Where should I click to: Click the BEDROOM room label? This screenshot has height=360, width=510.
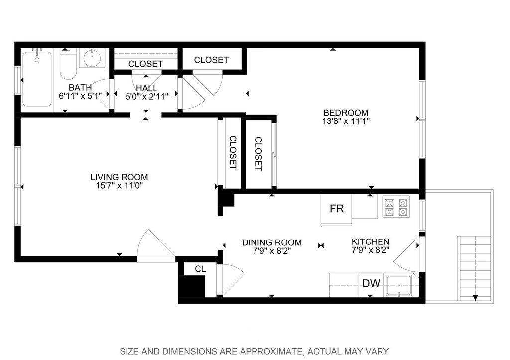click(346, 113)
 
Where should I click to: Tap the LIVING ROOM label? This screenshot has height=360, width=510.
click(119, 177)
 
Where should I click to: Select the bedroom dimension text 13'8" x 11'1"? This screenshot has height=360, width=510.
click(346, 121)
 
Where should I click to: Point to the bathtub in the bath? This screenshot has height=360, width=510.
click(37, 79)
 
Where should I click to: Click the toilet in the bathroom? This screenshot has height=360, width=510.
click(68, 64)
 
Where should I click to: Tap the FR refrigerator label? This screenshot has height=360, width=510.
click(337, 208)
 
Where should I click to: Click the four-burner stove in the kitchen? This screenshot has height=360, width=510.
click(396, 206)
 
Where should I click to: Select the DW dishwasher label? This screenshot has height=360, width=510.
click(371, 283)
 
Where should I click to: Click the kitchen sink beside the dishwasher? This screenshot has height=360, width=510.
click(399, 285)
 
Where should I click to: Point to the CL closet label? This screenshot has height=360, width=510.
click(200, 269)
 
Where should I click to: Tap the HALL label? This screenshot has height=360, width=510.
click(147, 88)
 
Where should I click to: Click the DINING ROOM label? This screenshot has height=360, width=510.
click(272, 242)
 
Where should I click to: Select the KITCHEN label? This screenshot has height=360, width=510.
click(371, 241)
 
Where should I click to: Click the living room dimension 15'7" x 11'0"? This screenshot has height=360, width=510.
click(120, 186)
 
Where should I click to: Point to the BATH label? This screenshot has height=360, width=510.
click(80, 87)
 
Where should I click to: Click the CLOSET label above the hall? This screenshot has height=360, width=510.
click(145, 64)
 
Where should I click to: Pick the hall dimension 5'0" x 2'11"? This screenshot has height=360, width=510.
click(147, 96)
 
